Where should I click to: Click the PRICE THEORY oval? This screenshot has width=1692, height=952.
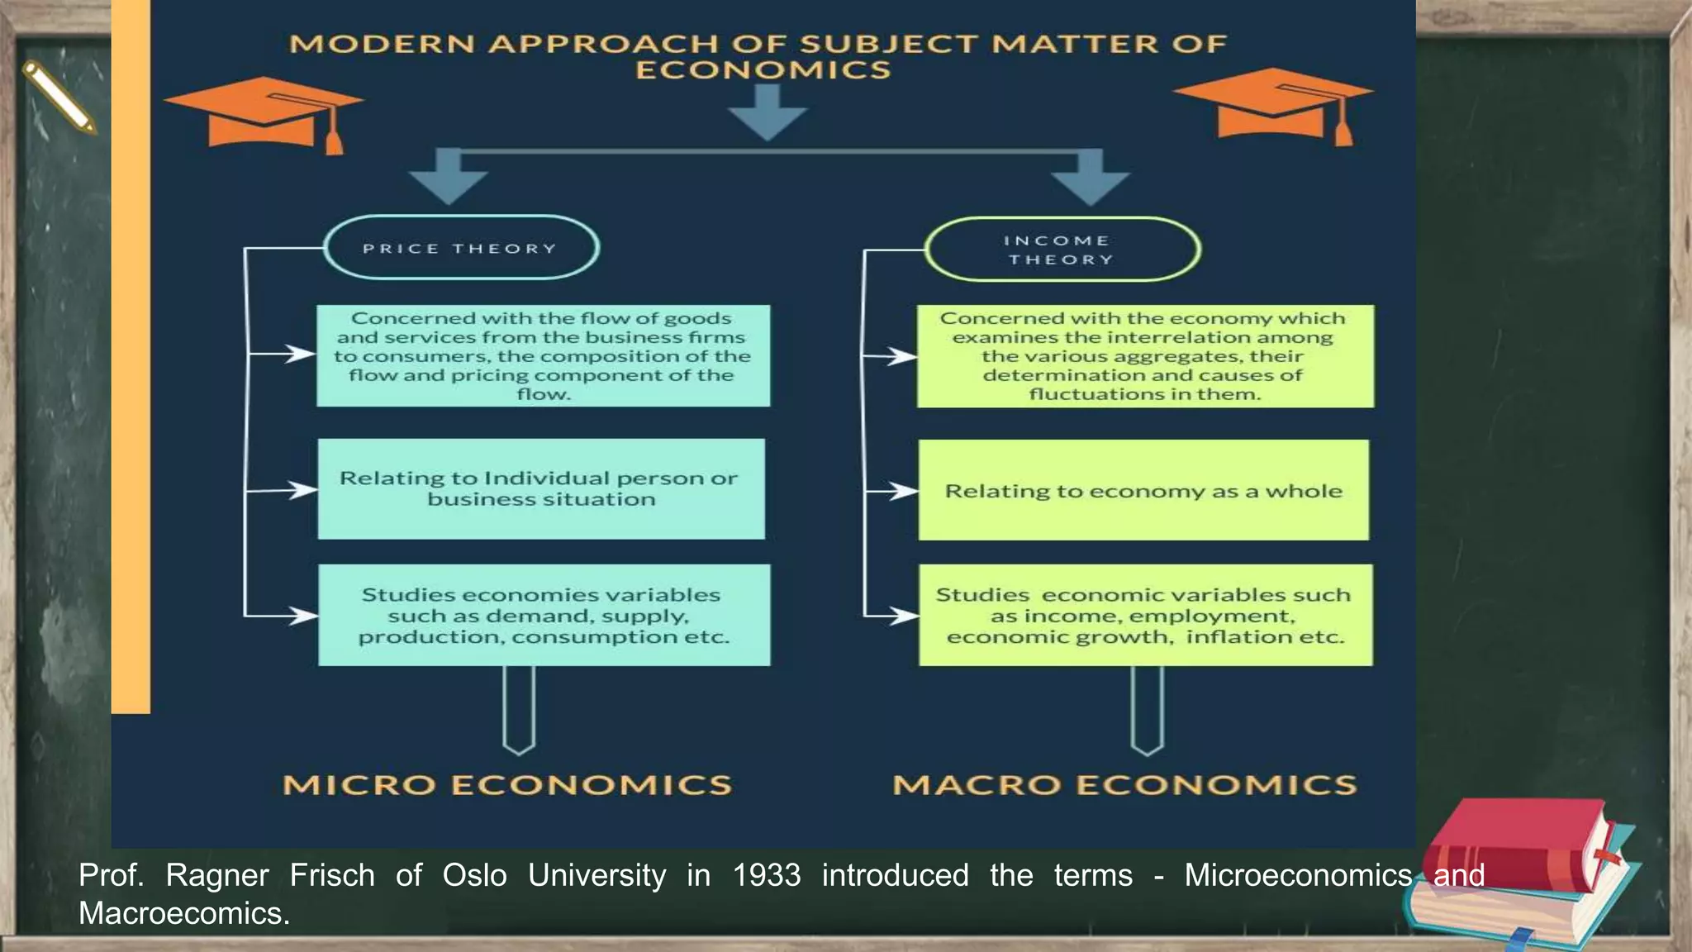coord(460,248)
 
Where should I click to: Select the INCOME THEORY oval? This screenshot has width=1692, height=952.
coord(1062,249)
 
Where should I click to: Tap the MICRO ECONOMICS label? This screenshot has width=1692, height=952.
coord(507,784)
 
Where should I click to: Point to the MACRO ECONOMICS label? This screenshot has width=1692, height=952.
coord(1124,784)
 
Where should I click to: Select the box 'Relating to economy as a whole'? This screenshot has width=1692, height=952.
coord(1143,491)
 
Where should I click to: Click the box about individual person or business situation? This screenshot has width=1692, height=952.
coord(541,489)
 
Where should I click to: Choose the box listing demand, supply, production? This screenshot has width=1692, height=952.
coord(544,616)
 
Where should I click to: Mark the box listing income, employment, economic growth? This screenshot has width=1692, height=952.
coord(1145,616)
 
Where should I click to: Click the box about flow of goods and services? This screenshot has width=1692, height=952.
coord(543,356)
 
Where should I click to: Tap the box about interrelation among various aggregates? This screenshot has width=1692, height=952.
coord(1145,356)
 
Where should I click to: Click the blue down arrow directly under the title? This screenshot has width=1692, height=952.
coord(768,112)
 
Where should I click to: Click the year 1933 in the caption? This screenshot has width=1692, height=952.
coord(767,875)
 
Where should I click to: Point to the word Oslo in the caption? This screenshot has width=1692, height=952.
coord(474,875)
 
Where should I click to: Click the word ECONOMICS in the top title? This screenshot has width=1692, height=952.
coord(763,69)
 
